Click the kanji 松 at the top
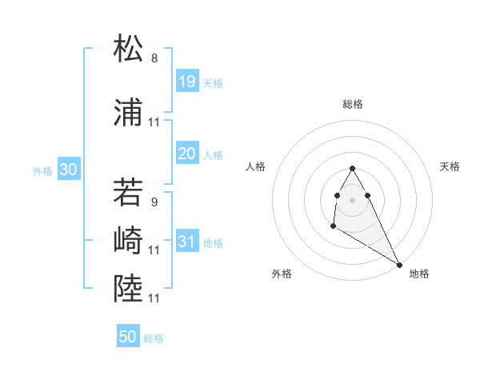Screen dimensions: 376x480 (x=129, y=49)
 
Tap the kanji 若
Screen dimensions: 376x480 (x=129, y=193)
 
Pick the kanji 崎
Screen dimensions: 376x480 (x=129, y=241)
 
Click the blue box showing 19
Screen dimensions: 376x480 (x=186, y=81)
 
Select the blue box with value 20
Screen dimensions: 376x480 (x=186, y=153)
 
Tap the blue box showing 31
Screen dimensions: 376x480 (x=186, y=241)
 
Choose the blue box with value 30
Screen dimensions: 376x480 (x=68, y=169)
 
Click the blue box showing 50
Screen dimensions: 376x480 (x=128, y=337)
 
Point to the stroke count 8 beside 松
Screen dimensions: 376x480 (x=154, y=58)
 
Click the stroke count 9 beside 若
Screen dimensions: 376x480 (x=154, y=202)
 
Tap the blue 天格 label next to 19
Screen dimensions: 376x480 (x=213, y=82)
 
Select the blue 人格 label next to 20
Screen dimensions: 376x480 (x=213, y=154)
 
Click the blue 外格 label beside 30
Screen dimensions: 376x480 (x=42, y=170)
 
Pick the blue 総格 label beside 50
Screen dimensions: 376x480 (x=154, y=338)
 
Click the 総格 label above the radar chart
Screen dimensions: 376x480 (x=353, y=104)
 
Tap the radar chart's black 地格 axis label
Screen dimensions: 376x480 (x=419, y=274)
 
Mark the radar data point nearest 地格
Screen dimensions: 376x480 (x=399, y=265)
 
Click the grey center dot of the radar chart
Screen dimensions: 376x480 (x=353, y=199)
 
